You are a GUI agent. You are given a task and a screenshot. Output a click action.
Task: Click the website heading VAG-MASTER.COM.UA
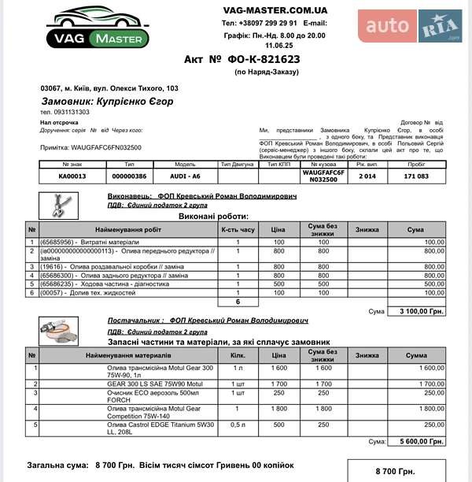[275, 10]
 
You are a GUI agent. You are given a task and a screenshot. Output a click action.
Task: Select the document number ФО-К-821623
[264, 59]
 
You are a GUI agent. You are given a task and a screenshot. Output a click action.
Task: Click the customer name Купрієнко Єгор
[107, 102]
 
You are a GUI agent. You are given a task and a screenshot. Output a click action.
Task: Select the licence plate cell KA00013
[72, 176]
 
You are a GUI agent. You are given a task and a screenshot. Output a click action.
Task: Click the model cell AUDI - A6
[186, 176]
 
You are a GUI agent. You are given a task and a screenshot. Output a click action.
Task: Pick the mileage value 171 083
[416, 176]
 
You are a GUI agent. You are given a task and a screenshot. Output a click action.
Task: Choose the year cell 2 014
[367, 176]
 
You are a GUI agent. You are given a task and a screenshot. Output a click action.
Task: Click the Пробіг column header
[416, 164]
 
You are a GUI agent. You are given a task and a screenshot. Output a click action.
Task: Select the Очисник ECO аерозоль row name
[146, 395]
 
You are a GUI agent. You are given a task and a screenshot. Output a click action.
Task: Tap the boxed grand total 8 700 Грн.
[395, 471]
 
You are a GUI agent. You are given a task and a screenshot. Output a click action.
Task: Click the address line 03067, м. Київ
[109, 88]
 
